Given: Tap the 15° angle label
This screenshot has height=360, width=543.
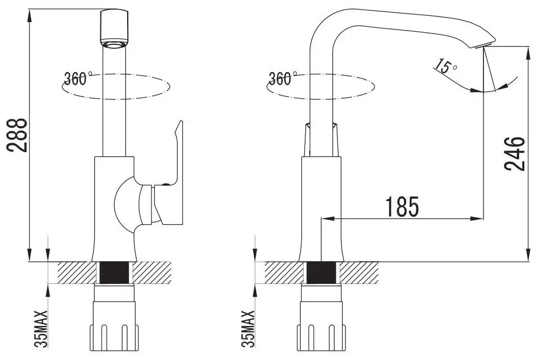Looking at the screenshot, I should pyautogui.click(x=446, y=67).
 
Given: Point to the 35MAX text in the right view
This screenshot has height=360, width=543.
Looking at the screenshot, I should pyautogui.click(x=247, y=329).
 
